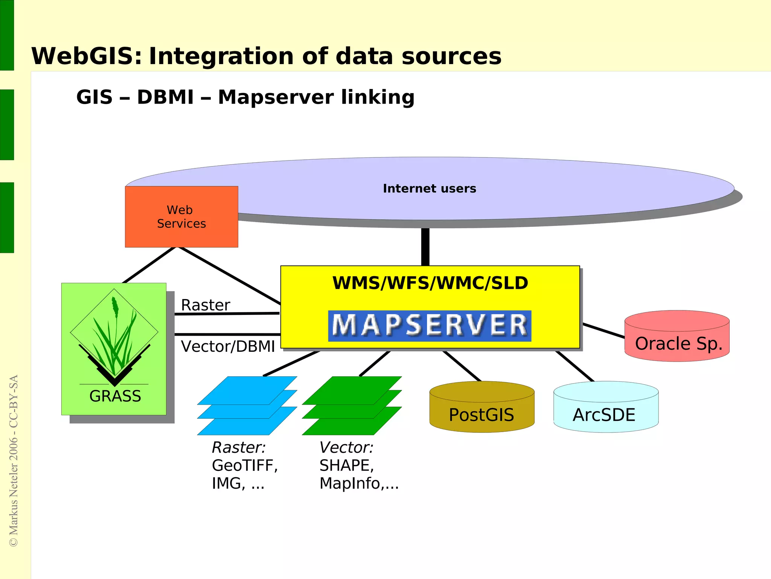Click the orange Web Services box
(x=181, y=217)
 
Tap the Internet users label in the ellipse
(x=429, y=188)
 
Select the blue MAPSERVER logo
(x=430, y=326)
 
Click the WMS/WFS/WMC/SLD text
(x=430, y=283)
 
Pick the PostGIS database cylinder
(x=481, y=409)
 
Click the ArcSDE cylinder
(x=606, y=409)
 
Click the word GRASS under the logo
(x=115, y=396)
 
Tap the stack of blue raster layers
(x=247, y=406)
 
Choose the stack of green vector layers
(x=352, y=406)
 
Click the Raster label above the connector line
(x=205, y=305)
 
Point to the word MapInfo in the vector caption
(x=349, y=484)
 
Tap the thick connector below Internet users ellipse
(x=425, y=247)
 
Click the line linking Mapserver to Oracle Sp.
(x=603, y=330)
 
